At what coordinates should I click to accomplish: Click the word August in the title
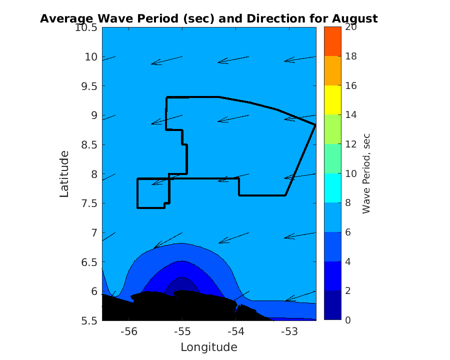tap(353, 19)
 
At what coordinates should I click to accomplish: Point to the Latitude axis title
tap(64, 173)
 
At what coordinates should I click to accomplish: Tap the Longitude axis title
tap(208, 347)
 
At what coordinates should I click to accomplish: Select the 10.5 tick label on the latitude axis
tap(86, 27)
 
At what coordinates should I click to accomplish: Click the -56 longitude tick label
tap(129, 331)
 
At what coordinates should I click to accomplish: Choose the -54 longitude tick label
tap(235, 331)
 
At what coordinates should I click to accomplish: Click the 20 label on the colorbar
tap(350, 27)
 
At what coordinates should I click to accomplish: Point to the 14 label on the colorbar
tap(350, 115)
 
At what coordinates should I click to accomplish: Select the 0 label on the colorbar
tap(348, 320)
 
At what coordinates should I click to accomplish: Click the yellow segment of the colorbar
tap(332, 100)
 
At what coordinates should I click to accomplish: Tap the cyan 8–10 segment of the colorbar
tap(332, 188)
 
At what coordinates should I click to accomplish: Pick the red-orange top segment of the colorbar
tap(332, 41)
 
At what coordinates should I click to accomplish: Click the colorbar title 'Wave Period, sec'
tap(366, 173)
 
